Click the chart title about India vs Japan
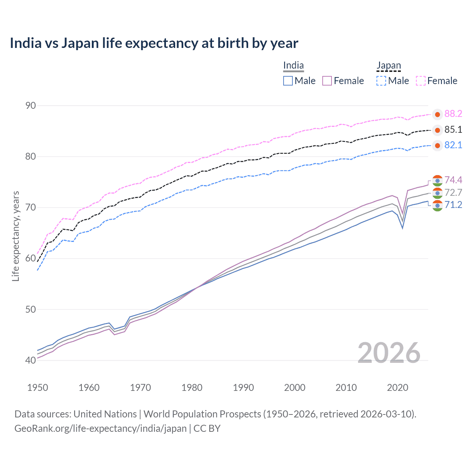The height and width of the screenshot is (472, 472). [154, 43]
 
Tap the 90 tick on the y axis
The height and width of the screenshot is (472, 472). [31, 105]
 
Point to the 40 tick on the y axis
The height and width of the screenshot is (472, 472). [31, 360]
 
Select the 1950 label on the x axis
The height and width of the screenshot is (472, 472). [38, 388]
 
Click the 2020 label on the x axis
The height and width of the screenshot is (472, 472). [398, 388]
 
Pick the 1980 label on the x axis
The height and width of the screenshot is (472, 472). [192, 388]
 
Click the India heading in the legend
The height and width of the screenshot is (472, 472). [293, 66]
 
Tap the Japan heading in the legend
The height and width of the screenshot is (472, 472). [388, 66]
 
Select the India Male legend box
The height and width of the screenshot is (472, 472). [288, 81]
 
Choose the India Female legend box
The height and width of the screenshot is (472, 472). [327, 81]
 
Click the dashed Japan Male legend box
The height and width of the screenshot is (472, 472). [381, 81]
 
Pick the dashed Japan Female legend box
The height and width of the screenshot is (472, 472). [421, 81]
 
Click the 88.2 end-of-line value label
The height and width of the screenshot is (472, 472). [453, 114]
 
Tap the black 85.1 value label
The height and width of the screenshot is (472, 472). [453, 129]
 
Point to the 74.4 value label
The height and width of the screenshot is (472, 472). [453, 180]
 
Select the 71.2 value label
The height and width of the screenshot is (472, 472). [453, 205]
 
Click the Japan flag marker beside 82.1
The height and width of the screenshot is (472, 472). [437, 146]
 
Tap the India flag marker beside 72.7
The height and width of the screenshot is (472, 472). [437, 193]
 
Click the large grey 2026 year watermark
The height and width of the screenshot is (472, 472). [389, 353]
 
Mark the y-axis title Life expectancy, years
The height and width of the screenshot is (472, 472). [15, 236]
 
